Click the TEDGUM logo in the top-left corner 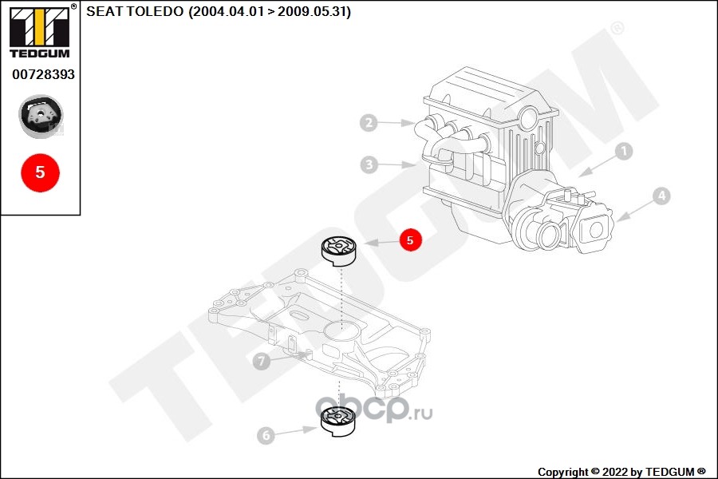[x=40, y=31]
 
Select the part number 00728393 [x=43, y=74]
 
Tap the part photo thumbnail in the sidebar [x=41, y=117]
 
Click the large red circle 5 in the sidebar [x=41, y=172]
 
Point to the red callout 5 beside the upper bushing [x=410, y=239]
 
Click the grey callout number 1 [x=624, y=151]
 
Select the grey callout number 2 [x=369, y=122]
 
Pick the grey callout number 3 [x=369, y=164]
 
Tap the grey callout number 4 [x=661, y=196]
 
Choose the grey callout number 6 [x=266, y=435]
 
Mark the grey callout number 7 [x=262, y=361]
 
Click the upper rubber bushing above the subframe [x=339, y=251]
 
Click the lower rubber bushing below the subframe [x=338, y=422]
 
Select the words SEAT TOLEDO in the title [x=135, y=11]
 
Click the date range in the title [x=270, y=11]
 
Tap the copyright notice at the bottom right [x=621, y=472]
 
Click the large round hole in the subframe [x=340, y=330]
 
